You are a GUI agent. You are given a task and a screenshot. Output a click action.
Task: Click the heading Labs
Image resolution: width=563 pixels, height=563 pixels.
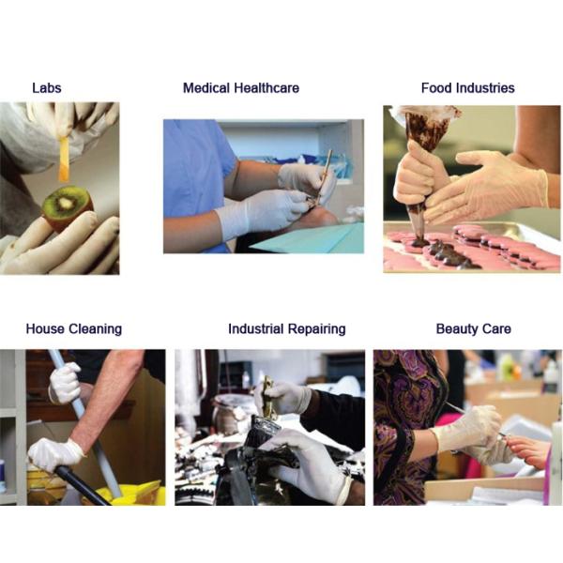tap(46, 88)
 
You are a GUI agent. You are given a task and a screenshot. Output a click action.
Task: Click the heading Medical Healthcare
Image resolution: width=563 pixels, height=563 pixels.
tap(241, 88)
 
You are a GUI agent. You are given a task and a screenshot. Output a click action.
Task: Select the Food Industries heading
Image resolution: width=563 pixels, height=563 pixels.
tap(467, 88)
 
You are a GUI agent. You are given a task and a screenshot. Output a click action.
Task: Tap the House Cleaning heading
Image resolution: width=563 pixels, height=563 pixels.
tap(73, 329)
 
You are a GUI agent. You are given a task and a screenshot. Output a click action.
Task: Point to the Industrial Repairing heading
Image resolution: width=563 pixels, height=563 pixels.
tap(286, 329)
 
